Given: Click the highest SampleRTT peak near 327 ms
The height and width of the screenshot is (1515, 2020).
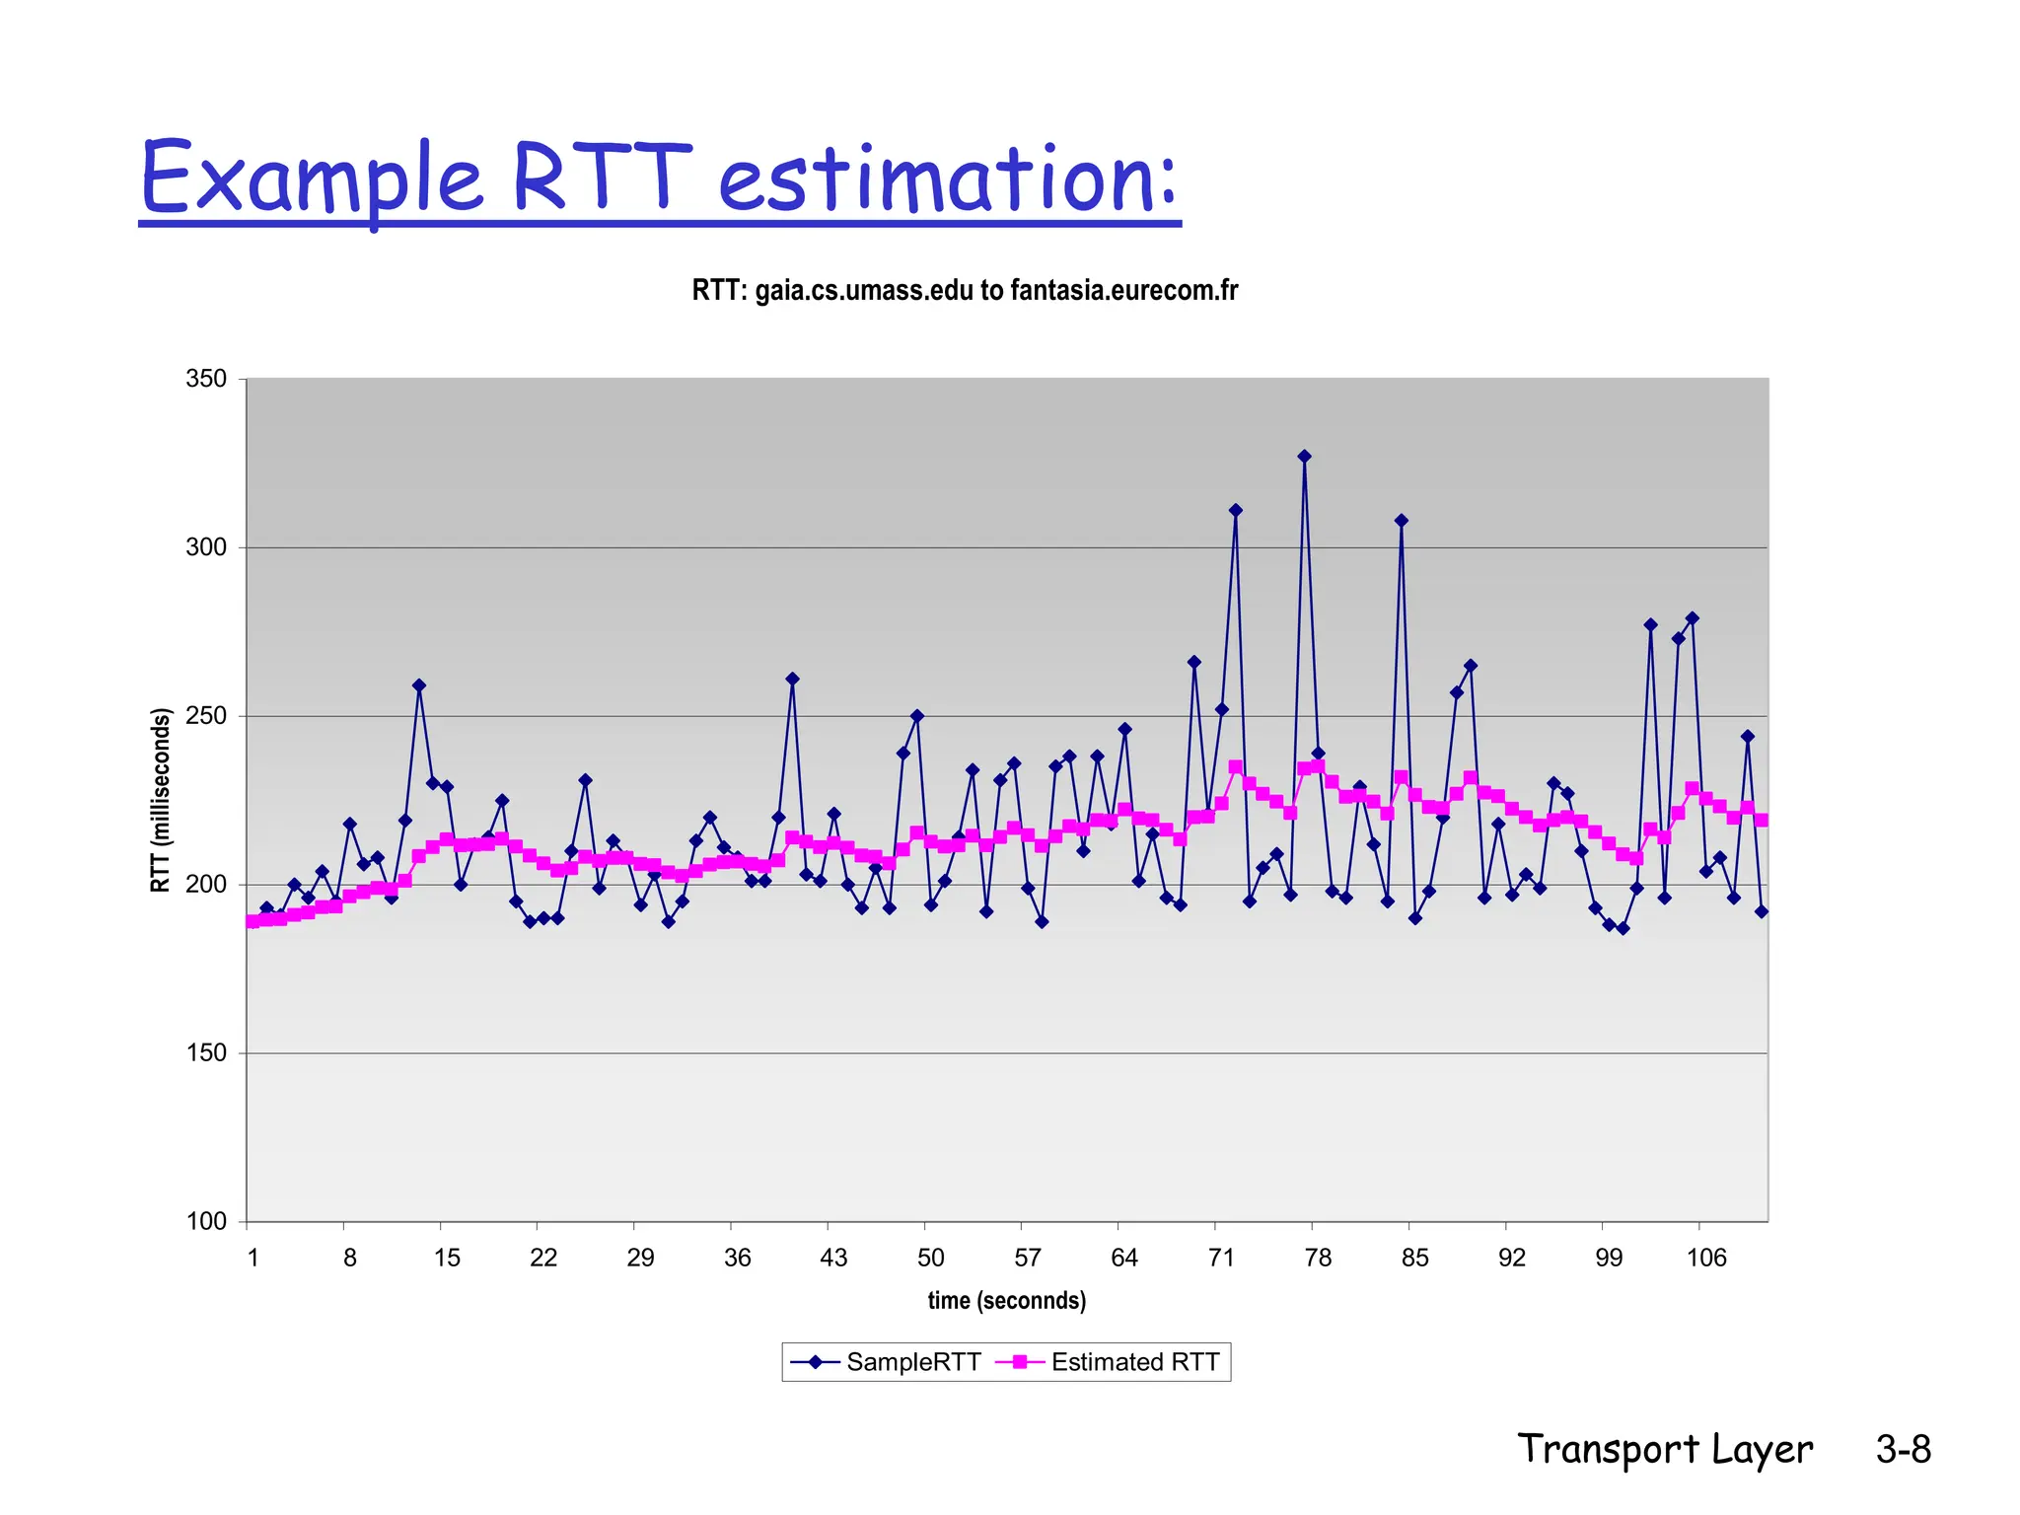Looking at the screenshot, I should click(1304, 457).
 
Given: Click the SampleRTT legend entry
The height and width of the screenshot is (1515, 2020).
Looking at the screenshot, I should click(885, 1362).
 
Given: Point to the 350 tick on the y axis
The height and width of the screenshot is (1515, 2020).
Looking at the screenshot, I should click(206, 379).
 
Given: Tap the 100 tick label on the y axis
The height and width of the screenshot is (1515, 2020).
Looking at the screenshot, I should click(206, 1221).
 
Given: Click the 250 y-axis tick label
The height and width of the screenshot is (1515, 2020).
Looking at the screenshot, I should click(206, 716).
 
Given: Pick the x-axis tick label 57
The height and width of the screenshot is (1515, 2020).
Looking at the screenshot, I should click(1027, 1258).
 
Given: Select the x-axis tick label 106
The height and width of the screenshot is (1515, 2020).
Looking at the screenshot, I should click(1705, 1258).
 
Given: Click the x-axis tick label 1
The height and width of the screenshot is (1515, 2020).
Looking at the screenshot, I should click(253, 1258).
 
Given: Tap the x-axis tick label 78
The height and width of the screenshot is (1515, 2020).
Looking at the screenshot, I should click(1318, 1258).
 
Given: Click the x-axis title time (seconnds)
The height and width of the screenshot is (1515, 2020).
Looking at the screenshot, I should click(1006, 1300).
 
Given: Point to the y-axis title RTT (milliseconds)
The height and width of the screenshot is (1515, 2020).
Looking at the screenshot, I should click(161, 800).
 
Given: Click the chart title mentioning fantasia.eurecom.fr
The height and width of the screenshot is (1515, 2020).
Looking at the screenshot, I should click(964, 290).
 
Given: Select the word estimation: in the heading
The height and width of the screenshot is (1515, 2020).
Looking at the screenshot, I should click(947, 180).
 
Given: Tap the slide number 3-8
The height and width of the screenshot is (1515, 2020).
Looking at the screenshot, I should click(1903, 1449).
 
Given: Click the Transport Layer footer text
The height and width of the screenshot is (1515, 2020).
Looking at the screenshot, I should click(1664, 1449).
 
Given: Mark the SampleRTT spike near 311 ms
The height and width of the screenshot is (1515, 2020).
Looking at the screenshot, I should click(1235, 510).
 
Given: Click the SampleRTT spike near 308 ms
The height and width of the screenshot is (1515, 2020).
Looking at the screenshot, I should click(1401, 521).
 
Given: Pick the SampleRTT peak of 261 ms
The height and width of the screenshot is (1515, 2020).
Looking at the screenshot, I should click(792, 679).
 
